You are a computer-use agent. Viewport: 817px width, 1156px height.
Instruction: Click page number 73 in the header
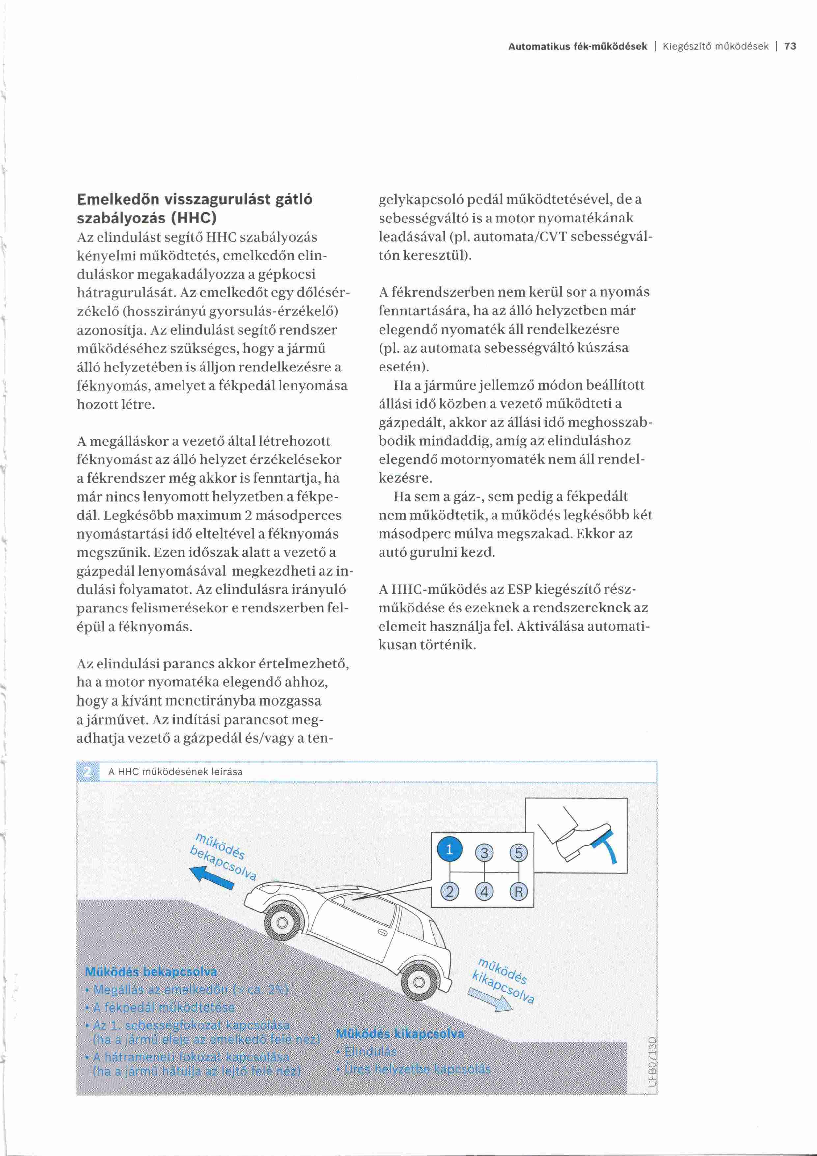[x=790, y=47]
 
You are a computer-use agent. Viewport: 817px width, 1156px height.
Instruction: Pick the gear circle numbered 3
[x=485, y=853]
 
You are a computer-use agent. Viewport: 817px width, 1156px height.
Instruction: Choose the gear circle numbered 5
[x=519, y=853]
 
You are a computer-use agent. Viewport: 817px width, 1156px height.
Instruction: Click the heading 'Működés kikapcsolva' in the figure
[x=400, y=1034]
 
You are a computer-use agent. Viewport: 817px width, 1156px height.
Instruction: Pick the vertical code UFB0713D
[x=653, y=1062]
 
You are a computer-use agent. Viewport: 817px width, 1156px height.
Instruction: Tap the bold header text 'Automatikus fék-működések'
[x=577, y=47]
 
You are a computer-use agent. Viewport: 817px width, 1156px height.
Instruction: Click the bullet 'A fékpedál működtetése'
[x=163, y=1007]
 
